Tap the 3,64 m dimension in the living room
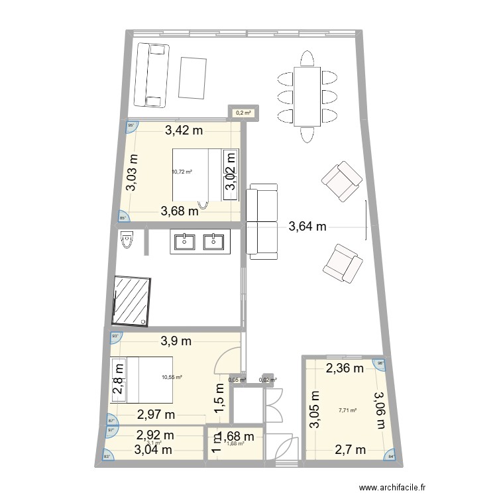pyautogui.click(x=307, y=227)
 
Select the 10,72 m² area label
pyautogui.click(x=182, y=172)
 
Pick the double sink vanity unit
pyautogui.click(x=200, y=242)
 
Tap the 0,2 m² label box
pyautogui.click(x=244, y=113)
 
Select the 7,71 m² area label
pyautogui.click(x=347, y=410)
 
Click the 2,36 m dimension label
pyautogui.click(x=343, y=368)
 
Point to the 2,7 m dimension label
pyautogui.click(x=350, y=450)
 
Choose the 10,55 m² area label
pyautogui.click(x=172, y=378)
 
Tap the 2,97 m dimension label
pyautogui.click(x=156, y=415)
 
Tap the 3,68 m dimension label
pyautogui.click(x=180, y=212)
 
